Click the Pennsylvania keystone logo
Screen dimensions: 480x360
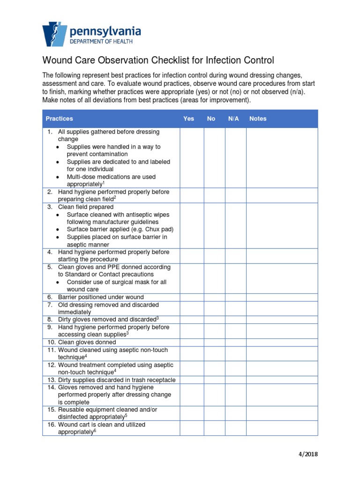click(55, 34)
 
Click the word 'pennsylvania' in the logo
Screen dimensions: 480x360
click(105, 31)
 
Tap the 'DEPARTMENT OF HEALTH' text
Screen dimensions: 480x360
click(101, 42)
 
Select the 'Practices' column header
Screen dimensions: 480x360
click(59, 119)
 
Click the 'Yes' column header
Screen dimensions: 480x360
click(188, 119)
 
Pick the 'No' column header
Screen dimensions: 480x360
click(211, 119)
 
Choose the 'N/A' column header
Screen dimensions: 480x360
click(233, 119)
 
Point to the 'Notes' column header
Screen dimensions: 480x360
click(258, 119)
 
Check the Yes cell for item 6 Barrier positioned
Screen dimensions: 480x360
click(192, 297)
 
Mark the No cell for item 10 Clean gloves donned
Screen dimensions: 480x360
click(215, 342)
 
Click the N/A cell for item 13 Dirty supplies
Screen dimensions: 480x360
click(236, 380)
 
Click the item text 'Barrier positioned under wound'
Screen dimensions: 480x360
click(101, 297)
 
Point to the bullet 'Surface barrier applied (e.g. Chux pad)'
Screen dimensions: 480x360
click(120, 229)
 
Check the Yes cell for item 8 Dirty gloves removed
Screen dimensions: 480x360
click(192, 319)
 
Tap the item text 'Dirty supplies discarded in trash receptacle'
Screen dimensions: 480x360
click(117, 380)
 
